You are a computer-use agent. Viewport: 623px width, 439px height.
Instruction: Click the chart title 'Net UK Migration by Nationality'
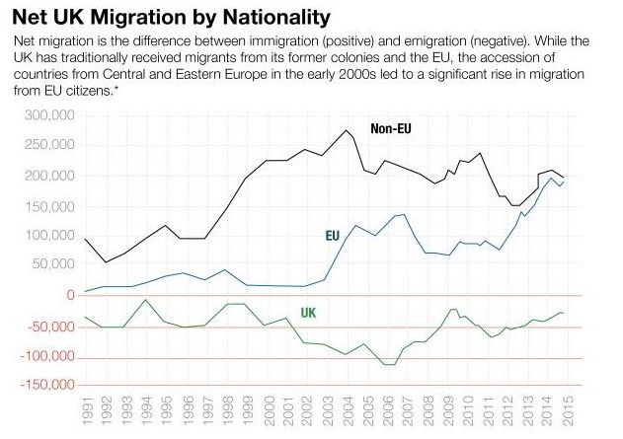(x=171, y=17)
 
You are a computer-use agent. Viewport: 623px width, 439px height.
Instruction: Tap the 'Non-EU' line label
(x=391, y=129)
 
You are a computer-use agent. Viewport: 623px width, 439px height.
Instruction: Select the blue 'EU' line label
(x=333, y=236)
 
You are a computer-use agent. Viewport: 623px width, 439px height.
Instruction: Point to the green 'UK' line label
(x=308, y=313)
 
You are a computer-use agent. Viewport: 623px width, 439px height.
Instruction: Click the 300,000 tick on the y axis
(x=49, y=115)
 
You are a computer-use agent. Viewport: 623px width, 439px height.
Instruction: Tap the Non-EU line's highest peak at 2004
(x=347, y=130)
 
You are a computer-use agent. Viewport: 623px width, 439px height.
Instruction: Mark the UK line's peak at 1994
(x=146, y=299)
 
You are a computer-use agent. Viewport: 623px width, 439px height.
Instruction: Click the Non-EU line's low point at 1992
(x=106, y=262)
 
